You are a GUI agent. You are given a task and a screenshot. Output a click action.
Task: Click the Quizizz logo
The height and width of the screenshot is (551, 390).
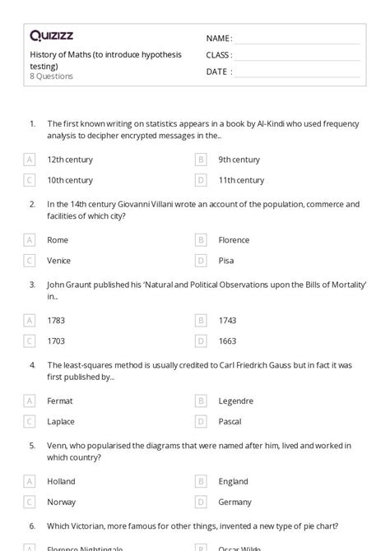click(x=52, y=35)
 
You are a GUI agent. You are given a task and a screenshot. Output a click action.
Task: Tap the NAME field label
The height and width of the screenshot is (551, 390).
click(x=219, y=38)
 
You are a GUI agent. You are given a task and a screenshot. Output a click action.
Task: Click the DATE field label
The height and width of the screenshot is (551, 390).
click(x=218, y=72)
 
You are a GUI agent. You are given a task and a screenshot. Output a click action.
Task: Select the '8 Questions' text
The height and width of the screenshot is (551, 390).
click(x=51, y=76)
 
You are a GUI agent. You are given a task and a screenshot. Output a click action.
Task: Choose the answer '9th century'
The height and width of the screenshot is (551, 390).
click(x=239, y=160)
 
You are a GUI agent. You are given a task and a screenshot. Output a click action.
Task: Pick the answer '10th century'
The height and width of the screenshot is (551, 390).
click(x=69, y=180)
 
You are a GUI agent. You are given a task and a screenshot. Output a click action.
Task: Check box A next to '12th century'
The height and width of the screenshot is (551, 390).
click(x=30, y=160)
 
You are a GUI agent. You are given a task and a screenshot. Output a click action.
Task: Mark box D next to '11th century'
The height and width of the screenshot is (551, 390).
click(x=201, y=180)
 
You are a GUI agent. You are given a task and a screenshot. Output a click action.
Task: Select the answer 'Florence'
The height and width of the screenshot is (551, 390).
click(x=234, y=240)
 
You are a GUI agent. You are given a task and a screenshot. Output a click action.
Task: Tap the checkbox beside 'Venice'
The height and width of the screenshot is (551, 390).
click(x=30, y=261)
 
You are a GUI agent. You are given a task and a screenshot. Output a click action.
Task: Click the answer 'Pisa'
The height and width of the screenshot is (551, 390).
click(x=226, y=261)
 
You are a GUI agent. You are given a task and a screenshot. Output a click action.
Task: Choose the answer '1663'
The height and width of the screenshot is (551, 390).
click(x=227, y=340)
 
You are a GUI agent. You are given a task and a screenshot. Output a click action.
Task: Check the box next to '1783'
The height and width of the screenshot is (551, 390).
click(x=30, y=321)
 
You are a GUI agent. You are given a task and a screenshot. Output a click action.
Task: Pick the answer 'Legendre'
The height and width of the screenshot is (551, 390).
click(x=235, y=401)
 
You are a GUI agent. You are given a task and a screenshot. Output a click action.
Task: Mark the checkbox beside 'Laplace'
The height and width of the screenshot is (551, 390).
click(x=30, y=421)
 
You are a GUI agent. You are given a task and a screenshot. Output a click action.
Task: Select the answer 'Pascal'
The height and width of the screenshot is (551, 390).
click(x=230, y=421)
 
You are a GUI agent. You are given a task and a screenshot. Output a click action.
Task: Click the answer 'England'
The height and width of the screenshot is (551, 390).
click(x=233, y=481)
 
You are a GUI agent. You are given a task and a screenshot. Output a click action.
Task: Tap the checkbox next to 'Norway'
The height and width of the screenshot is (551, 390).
click(x=30, y=502)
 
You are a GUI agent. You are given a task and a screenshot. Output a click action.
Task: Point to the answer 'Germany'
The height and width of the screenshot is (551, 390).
click(x=234, y=502)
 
